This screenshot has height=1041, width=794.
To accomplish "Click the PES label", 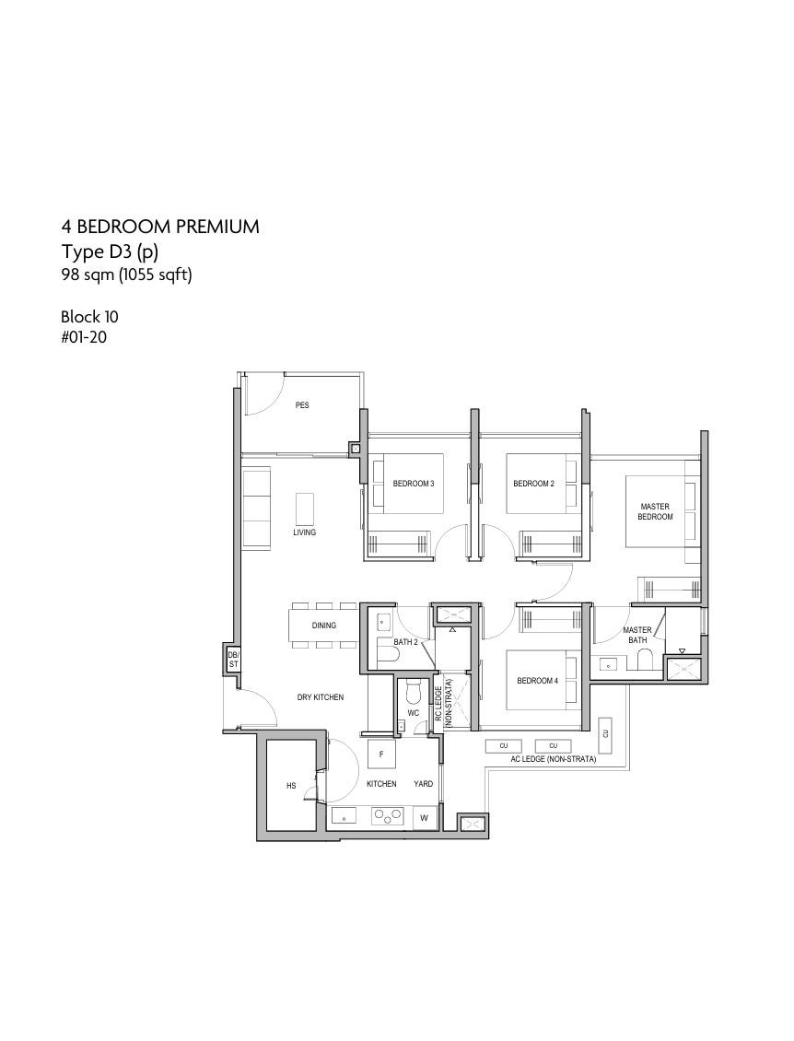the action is point(302,405).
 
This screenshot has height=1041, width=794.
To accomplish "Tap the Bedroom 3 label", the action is point(413,484).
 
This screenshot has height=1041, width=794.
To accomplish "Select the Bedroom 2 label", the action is point(533,484).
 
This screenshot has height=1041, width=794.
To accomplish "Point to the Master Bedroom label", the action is point(655,511).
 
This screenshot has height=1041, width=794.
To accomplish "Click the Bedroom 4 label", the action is point(537,681).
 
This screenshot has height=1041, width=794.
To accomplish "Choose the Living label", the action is point(305,532).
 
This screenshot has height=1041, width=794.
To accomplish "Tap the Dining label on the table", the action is point(324,625).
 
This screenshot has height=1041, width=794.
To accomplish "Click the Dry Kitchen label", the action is point(320,697).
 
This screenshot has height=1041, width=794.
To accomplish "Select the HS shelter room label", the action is point(291,786).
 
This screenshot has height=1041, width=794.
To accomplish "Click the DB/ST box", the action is point(233,660).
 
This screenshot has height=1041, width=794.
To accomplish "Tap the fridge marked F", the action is point(381,754).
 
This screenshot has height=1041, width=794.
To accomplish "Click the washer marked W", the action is point(424,818).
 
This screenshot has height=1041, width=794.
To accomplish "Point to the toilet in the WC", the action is point(413,692).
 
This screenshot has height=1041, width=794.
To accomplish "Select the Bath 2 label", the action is point(405,642).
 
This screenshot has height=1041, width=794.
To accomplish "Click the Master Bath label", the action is point(637,635).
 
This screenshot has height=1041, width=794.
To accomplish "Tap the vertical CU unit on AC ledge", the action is point(605,733).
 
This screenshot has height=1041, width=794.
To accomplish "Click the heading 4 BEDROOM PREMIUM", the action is point(160,227).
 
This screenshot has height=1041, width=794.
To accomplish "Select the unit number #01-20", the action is point(84,337).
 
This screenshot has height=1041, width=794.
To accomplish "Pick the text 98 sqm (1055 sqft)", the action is point(126,275).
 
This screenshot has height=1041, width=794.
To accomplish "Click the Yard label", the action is point(423,784).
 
